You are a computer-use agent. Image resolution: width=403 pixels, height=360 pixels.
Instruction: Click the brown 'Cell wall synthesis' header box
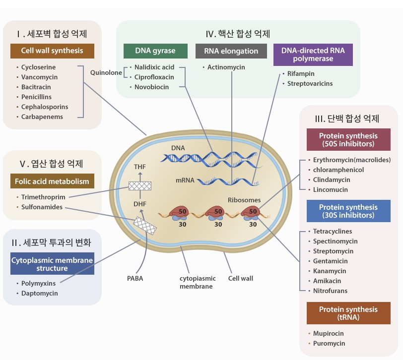[52, 51]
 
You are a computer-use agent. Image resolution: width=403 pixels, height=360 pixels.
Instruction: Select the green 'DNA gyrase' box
[155, 51]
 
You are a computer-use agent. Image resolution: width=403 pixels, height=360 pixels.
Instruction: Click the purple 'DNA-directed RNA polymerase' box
[313, 55]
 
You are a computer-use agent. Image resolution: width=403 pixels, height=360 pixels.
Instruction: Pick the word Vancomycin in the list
[39, 77]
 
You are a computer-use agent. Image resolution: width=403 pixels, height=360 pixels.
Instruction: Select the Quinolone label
[106, 72]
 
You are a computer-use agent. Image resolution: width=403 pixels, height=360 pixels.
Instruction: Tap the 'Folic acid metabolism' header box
[52, 181]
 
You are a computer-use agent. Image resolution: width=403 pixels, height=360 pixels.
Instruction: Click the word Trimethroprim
[43, 197]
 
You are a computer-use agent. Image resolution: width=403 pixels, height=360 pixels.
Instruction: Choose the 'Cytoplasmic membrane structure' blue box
[52, 264]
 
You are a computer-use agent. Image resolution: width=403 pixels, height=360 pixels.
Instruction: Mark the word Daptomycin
[39, 293]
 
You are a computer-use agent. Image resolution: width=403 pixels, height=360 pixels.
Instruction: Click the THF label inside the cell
[139, 167]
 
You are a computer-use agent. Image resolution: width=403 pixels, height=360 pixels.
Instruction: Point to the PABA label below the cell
[134, 278]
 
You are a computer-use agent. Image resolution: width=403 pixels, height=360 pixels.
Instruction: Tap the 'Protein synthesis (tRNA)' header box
[348, 313]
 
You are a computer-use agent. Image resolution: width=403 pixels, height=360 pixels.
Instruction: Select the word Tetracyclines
[333, 231]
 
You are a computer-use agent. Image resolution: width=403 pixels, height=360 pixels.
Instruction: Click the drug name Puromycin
[329, 343]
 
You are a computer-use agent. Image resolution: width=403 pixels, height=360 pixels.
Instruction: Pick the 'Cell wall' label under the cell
[240, 278]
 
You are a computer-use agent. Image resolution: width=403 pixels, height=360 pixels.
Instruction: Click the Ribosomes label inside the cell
[244, 200]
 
